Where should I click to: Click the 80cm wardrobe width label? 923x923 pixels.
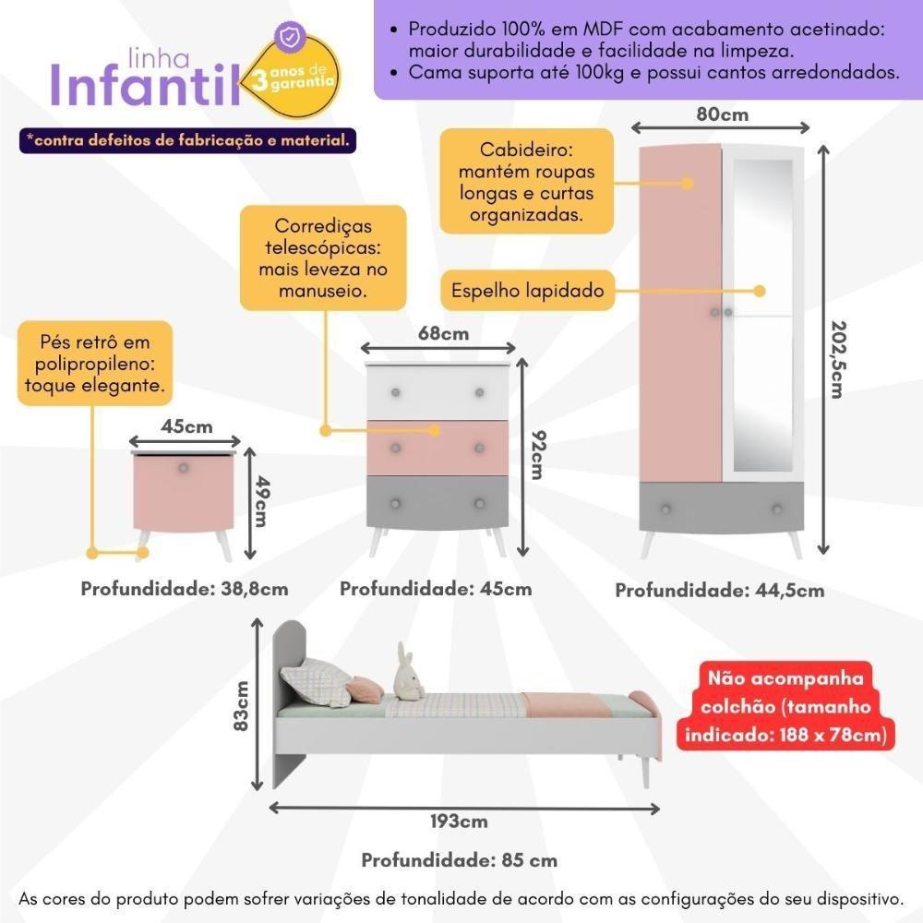tap(723, 114)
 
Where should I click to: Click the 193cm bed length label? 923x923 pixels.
tap(459, 821)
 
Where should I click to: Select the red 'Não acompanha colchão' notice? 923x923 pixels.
tap(785, 707)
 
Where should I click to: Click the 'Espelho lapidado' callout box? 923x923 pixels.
tap(527, 291)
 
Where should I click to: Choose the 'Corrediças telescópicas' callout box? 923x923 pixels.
tap(323, 258)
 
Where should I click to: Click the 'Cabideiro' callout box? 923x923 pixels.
tap(527, 182)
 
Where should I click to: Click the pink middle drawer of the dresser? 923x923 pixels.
tap(438, 449)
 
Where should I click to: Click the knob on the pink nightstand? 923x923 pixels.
tap(184, 468)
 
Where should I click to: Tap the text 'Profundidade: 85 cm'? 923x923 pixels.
tap(459, 860)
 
